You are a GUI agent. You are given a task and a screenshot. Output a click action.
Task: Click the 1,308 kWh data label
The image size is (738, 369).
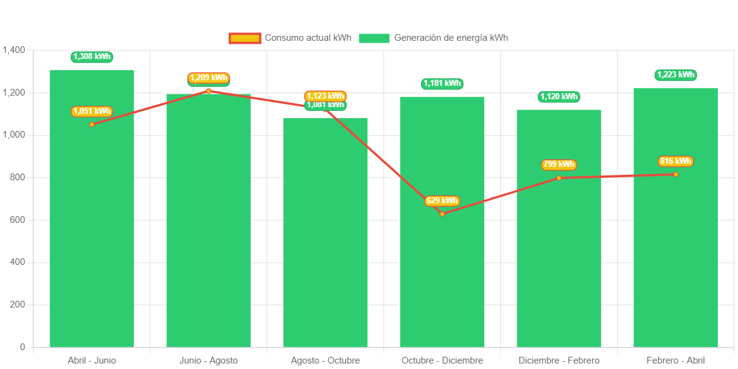pyautogui.click(x=92, y=57)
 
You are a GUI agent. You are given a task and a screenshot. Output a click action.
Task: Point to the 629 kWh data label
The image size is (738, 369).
pyautogui.click(x=442, y=201)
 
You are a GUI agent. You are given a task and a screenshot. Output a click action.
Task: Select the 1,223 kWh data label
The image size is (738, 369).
pyautogui.click(x=676, y=75)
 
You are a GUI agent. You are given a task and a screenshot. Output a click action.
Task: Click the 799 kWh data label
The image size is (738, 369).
pyautogui.click(x=559, y=164)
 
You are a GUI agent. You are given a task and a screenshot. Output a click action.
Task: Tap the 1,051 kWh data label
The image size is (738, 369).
pyautogui.click(x=92, y=111)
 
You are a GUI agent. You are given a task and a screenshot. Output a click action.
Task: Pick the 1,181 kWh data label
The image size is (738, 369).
pyautogui.click(x=442, y=83)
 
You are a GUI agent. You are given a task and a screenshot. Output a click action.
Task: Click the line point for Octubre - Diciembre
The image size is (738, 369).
pyautogui.click(x=442, y=214)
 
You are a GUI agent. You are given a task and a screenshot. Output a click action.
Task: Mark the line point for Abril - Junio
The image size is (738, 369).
pyautogui.click(x=92, y=124)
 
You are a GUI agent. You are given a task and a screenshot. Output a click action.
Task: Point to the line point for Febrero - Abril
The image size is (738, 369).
pyautogui.click(x=675, y=174)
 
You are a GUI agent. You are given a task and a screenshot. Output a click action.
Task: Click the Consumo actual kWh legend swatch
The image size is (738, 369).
pyautogui.click(x=245, y=38)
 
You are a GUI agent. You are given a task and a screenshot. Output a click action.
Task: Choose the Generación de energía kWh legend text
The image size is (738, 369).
pyautogui.click(x=451, y=38)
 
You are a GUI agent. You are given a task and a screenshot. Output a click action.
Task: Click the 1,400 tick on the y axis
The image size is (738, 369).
pyautogui.click(x=14, y=50)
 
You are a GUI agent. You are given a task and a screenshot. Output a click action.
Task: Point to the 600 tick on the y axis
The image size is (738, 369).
pyautogui.click(x=18, y=220)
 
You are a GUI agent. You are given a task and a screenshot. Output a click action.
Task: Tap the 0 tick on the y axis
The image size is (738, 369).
pyautogui.click(x=23, y=347)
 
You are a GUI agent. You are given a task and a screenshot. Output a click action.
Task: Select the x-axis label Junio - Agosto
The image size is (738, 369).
pyautogui.click(x=209, y=360)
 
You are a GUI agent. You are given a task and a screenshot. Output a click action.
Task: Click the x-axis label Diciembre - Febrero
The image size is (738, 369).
pyautogui.click(x=559, y=360)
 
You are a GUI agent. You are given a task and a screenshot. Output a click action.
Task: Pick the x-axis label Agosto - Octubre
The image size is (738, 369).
pyautogui.click(x=325, y=360)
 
